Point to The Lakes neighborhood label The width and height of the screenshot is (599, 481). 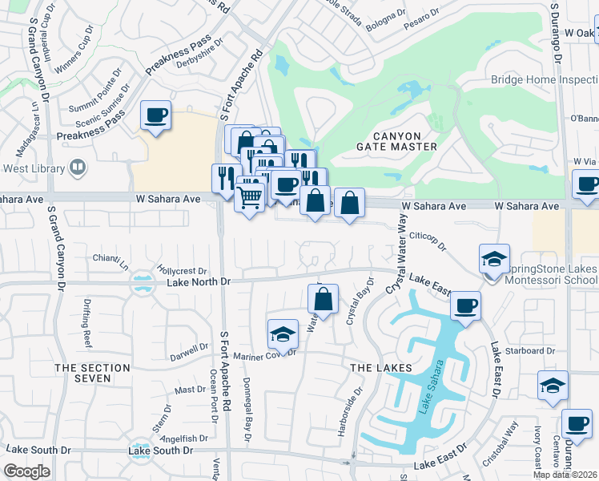[381, 367]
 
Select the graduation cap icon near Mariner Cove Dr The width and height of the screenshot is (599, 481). [283, 333]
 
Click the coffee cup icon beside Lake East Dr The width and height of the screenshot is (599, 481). [465, 305]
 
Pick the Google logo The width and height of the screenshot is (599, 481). [27, 471]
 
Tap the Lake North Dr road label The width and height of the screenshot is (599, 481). [198, 281]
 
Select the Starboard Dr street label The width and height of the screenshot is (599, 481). [534, 350]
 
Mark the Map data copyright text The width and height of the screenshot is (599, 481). [565, 475]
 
